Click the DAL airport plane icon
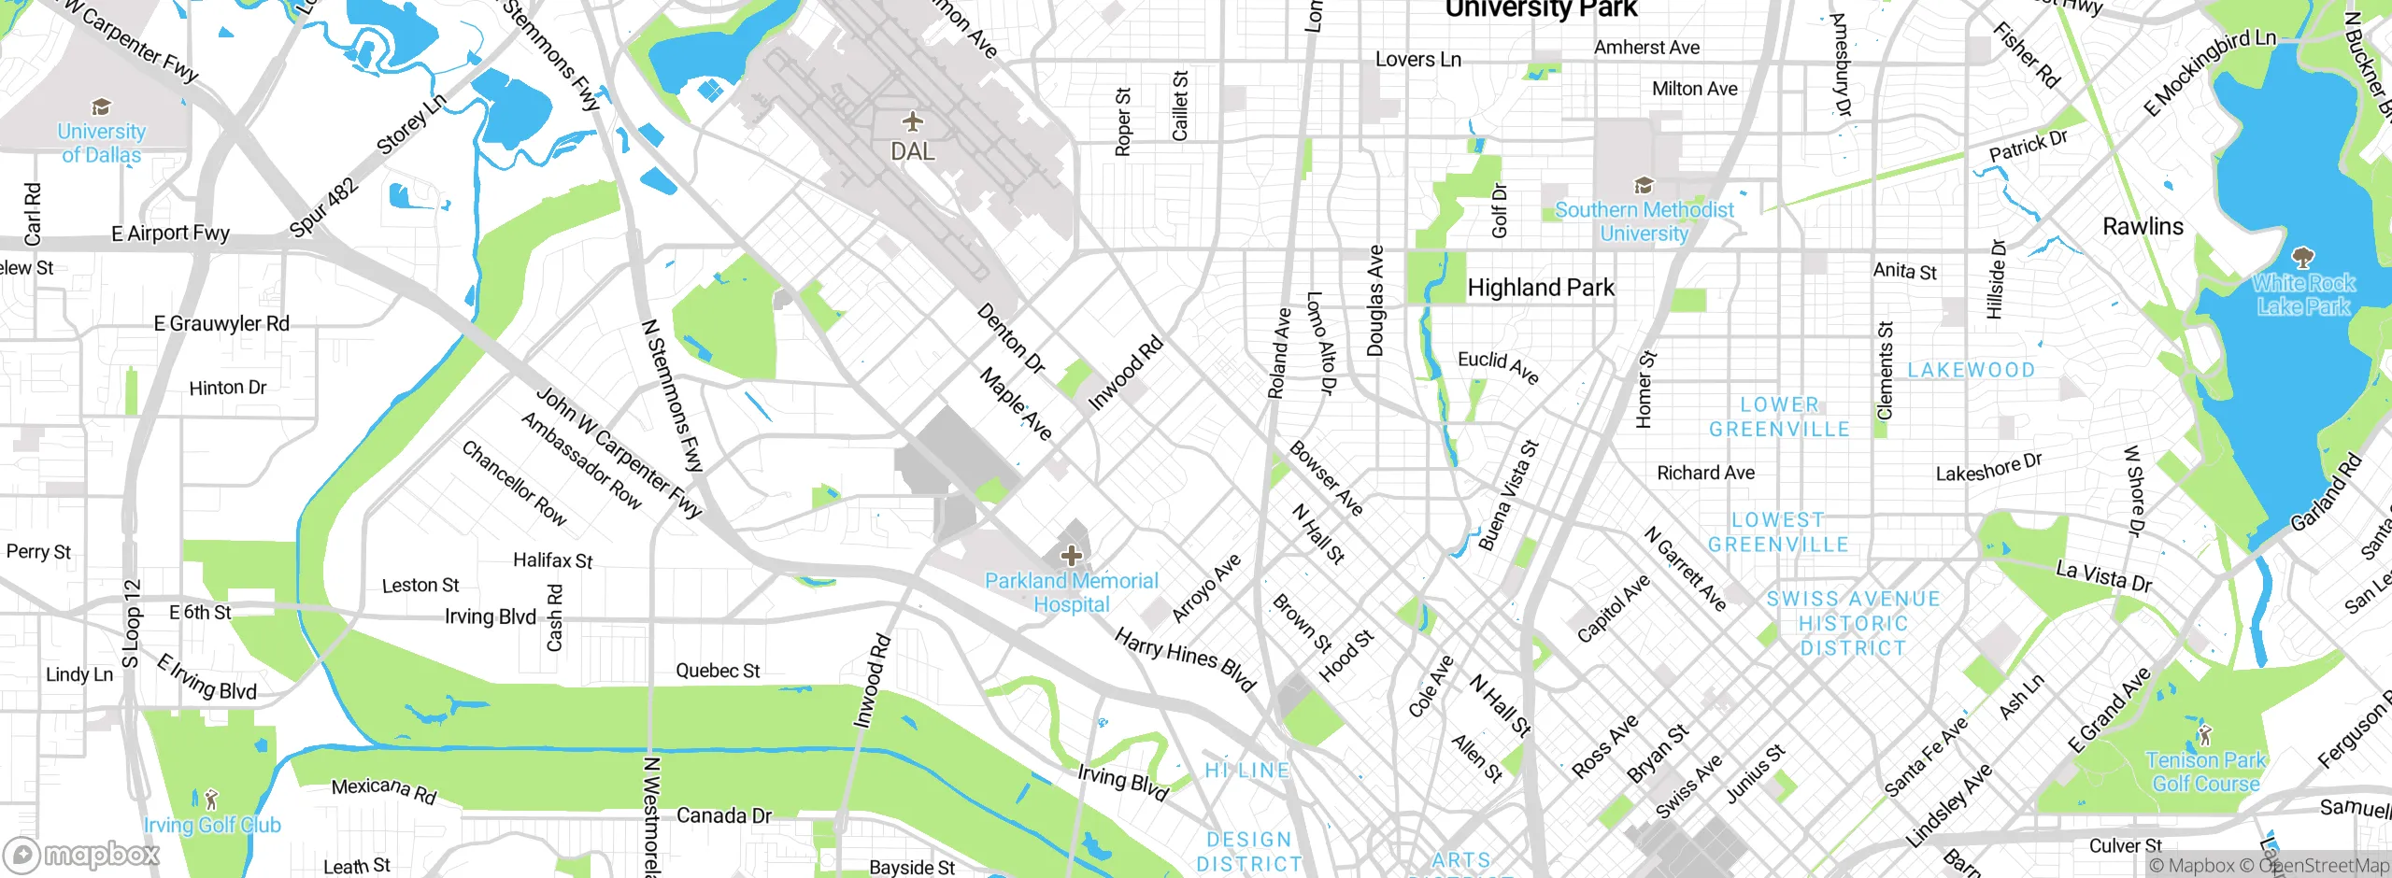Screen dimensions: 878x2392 pos(913,121)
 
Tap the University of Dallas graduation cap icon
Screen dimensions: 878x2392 pos(101,106)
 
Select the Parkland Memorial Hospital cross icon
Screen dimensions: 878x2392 pos(1071,557)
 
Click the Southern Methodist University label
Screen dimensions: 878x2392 pos(1644,221)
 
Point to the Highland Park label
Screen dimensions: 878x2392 pos(1541,288)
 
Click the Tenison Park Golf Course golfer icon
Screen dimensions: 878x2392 pos(2205,735)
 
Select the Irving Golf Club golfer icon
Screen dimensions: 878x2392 pos(211,800)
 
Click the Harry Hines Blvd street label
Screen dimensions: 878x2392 pos(1185,659)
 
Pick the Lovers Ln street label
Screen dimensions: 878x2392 pos(1417,60)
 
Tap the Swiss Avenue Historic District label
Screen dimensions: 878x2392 pos(1853,623)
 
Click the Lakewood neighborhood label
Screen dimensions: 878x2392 pos(1971,370)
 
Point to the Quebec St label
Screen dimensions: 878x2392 pos(718,671)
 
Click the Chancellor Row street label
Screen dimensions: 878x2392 pos(514,483)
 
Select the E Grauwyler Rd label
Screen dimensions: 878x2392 pos(221,323)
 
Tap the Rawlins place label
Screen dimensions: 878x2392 pos(2143,226)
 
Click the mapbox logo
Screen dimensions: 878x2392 pos(82,854)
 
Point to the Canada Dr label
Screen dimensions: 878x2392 pos(724,815)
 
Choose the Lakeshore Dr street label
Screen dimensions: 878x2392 pos(1988,468)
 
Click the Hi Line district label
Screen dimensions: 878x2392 pos(1246,771)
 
